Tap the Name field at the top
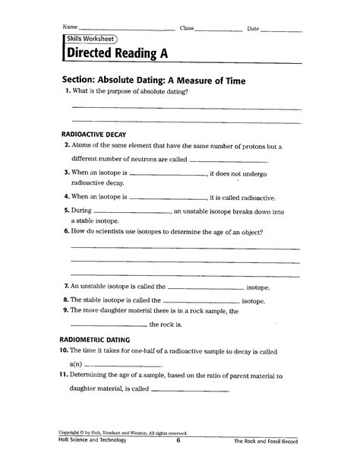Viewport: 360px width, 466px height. click(x=122, y=29)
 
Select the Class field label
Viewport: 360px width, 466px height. click(x=187, y=28)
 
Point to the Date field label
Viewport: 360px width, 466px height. click(x=254, y=28)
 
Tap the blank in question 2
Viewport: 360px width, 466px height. click(x=227, y=161)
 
